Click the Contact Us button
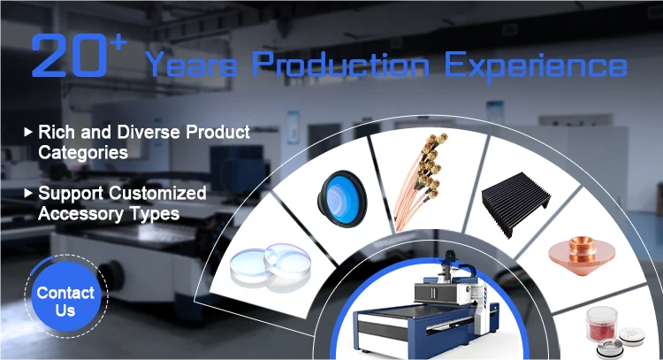pos(66,296)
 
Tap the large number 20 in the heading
pos(70,56)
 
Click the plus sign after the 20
pos(118,43)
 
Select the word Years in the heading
pos(191,65)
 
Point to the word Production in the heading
pos(341,64)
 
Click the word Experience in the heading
pos(536,66)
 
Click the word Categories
pos(83,153)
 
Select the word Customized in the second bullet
pos(157,193)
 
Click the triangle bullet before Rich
pos(28,132)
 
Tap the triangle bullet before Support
pos(28,194)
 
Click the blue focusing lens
pos(342,199)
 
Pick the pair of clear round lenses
pos(271,266)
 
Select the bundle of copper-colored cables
pos(419,182)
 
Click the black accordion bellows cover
pos(516,204)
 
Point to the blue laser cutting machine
pos(426,303)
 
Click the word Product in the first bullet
pos(217,132)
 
